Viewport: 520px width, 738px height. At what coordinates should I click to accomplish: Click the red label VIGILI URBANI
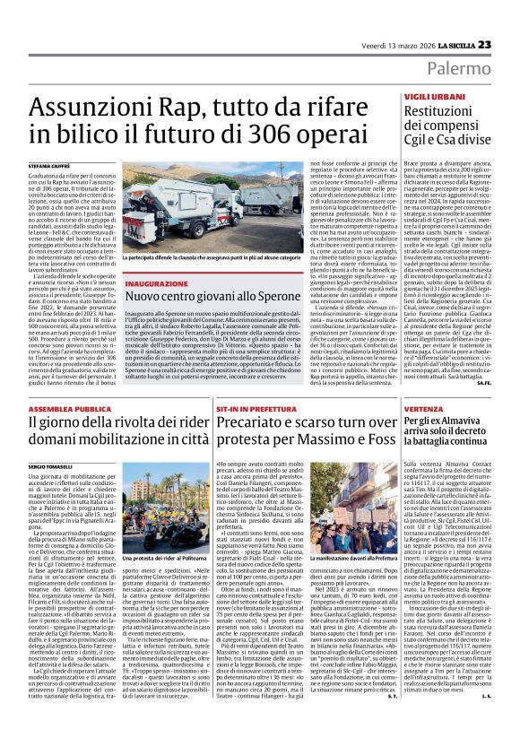click(429, 95)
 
